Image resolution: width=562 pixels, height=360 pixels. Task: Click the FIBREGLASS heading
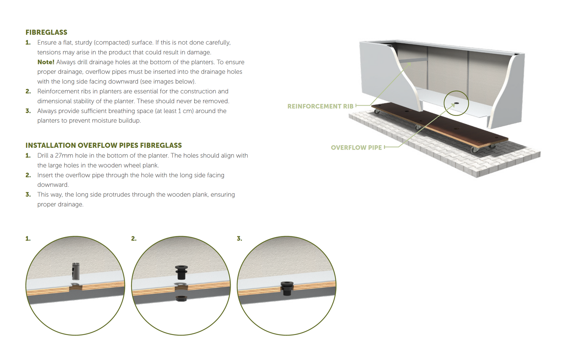[46, 32]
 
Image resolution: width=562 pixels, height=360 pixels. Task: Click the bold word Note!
[46, 62]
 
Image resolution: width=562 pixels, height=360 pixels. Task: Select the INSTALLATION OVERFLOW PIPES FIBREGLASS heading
[104, 145]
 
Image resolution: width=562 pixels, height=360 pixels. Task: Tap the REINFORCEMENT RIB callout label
[320, 106]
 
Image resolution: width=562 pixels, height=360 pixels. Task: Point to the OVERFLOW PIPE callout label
[356, 148]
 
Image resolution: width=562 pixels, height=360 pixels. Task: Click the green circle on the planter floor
[456, 103]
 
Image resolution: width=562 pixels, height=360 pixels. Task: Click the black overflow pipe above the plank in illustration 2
[181, 272]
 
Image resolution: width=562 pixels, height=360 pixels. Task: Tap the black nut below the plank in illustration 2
[181, 299]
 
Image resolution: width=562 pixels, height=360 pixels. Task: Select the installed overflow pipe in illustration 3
[287, 288]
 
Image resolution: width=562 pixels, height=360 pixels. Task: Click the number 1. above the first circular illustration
[28, 239]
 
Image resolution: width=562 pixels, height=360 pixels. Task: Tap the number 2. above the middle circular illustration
[134, 239]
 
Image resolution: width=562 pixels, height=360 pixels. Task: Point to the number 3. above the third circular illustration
[240, 239]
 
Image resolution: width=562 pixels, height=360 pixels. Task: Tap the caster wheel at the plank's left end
[377, 112]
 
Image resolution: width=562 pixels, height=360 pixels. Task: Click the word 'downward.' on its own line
[53, 185]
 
